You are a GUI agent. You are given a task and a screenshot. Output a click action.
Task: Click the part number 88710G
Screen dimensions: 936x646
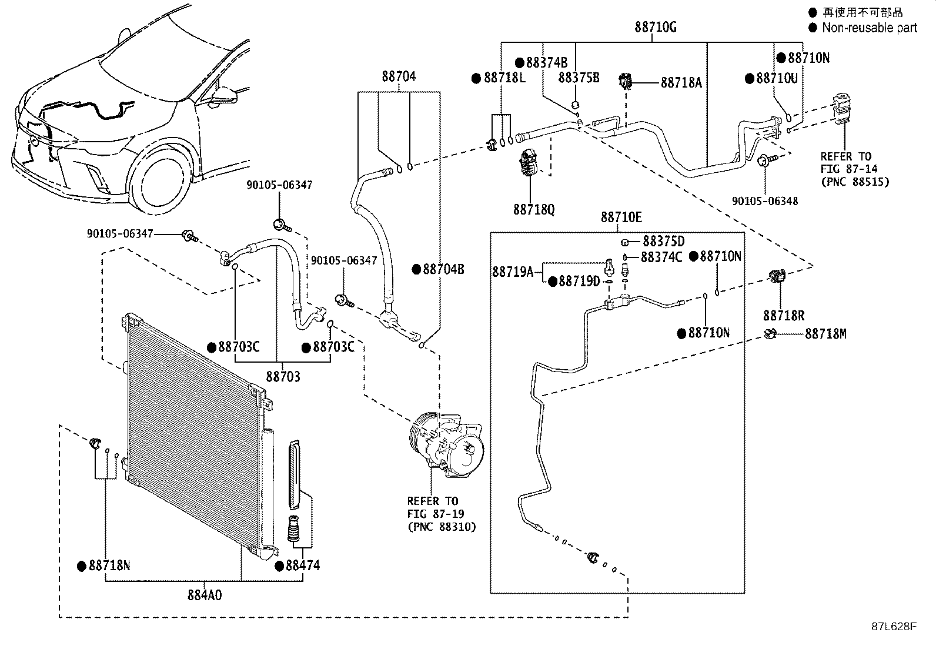(656, 27)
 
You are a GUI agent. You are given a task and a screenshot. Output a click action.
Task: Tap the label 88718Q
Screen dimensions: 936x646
(534, 209)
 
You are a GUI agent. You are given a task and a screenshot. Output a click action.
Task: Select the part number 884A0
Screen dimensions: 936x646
(205, 595)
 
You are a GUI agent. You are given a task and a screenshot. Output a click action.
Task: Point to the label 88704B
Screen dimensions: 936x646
(443, 269)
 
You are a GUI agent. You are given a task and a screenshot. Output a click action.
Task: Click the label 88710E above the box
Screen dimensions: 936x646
(621, 217)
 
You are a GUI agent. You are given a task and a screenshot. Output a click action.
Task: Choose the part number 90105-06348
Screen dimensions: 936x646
(765, 201)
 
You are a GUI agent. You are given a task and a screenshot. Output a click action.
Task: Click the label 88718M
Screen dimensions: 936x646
(825, 334)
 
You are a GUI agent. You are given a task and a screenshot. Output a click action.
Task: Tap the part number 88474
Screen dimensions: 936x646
(303, 565)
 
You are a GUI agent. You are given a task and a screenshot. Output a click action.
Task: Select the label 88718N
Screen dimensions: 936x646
(109, 565)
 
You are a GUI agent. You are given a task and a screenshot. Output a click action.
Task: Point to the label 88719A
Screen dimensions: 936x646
(513, 272)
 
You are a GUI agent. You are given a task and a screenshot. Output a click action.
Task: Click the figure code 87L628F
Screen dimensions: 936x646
(894, 627)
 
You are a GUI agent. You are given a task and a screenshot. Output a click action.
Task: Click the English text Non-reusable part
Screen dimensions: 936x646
(870, 28)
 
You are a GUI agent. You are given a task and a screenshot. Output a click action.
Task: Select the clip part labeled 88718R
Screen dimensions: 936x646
(777, 276)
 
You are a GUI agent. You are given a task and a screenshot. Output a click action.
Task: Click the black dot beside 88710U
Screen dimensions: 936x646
(750, 79)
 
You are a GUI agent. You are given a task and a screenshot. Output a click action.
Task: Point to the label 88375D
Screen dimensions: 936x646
(664, 241)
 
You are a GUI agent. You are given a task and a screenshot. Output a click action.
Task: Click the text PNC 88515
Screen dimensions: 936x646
(855, 182)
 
